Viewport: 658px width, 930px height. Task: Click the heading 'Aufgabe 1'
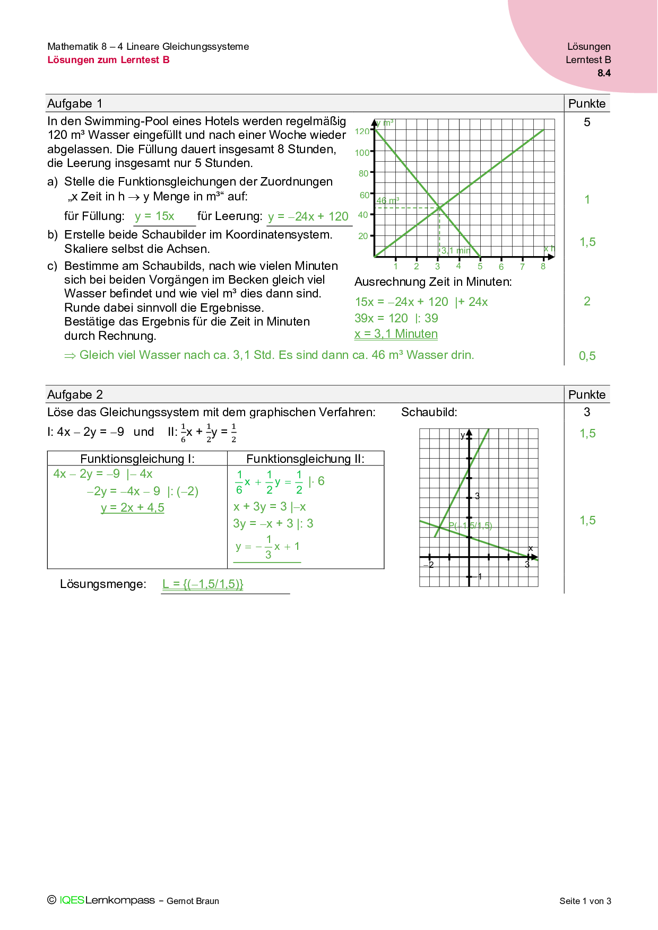[x=75, y=103]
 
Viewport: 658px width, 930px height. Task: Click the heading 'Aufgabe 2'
[x=75, y=394]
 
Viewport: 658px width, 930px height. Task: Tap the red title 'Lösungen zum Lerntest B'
[x=108, y=60]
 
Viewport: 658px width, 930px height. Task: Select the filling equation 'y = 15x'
[x=154, y=216]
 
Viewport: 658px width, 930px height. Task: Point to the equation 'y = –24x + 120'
[x=308, y=216]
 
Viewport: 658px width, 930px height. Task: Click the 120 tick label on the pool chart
[x=362, y=131]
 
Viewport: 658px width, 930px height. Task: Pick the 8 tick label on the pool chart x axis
[x=543, y=267]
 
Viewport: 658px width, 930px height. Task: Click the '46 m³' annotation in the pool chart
[x=387, y=201]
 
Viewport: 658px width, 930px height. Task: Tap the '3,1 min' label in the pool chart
[x=455, y=251]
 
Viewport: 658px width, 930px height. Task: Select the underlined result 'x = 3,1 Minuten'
[x=396, y=334]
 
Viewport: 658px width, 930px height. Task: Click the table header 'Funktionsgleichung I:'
[x=137, y=459]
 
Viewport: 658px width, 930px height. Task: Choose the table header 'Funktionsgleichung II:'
[x=305, y=459]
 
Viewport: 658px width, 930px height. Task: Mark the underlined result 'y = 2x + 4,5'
[x=133, y=508]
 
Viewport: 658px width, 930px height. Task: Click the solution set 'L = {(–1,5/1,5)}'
[x=203, y=584]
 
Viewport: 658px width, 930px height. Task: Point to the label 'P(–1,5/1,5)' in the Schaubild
[x=471, y=526]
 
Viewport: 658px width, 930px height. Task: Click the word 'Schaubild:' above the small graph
[x=429, y=413]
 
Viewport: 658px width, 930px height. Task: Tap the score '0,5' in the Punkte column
[x=587, y=356]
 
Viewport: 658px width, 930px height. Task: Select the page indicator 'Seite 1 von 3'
[x=585, y=901]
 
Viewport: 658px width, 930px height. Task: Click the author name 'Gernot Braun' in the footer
[x=193, y=901]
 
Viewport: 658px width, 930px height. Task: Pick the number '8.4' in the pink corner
[x=604, y=73]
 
